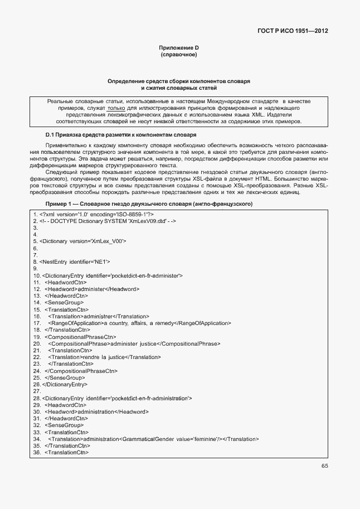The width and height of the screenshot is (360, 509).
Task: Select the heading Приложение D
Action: pos(179,49)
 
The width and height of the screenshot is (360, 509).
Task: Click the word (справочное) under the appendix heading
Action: pos(179,55)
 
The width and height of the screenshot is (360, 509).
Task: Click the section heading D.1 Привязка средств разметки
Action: pos(120,135)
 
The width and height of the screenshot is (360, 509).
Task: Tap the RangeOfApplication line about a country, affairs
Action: pos(139,323)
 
